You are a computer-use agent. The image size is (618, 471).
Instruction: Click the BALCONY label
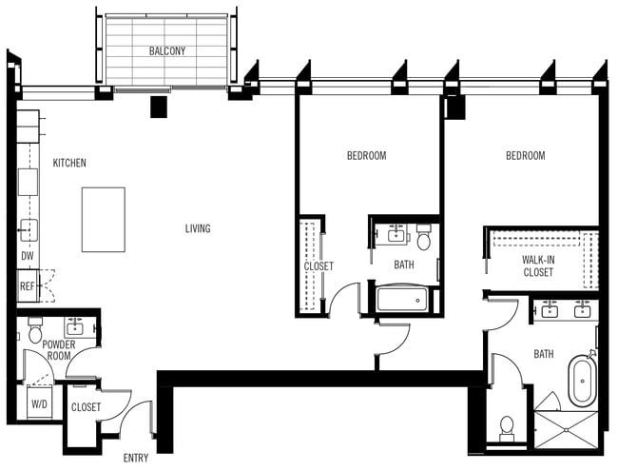[166, 51]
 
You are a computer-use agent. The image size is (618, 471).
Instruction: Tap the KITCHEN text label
[69, 163]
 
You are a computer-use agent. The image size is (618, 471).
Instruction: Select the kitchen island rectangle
[103, 219]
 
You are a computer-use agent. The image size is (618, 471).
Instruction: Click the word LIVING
[198, 228]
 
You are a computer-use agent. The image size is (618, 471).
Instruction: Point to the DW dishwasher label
[27, 256]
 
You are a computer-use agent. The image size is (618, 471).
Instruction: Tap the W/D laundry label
[39, 404]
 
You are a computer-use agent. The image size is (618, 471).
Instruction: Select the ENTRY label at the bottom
[136, 458]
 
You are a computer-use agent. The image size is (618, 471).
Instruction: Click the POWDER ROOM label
[59, 350]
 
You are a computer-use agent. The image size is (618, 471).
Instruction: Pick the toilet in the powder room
[35, 331]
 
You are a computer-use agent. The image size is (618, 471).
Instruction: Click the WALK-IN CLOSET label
[538, 265]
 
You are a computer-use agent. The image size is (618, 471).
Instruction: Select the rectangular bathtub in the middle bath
[403, 300]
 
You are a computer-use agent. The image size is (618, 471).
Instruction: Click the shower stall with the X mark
[567, 430]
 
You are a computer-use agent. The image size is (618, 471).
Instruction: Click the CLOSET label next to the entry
[86, 407]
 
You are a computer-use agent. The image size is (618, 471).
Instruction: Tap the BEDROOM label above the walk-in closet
[525, 156]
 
